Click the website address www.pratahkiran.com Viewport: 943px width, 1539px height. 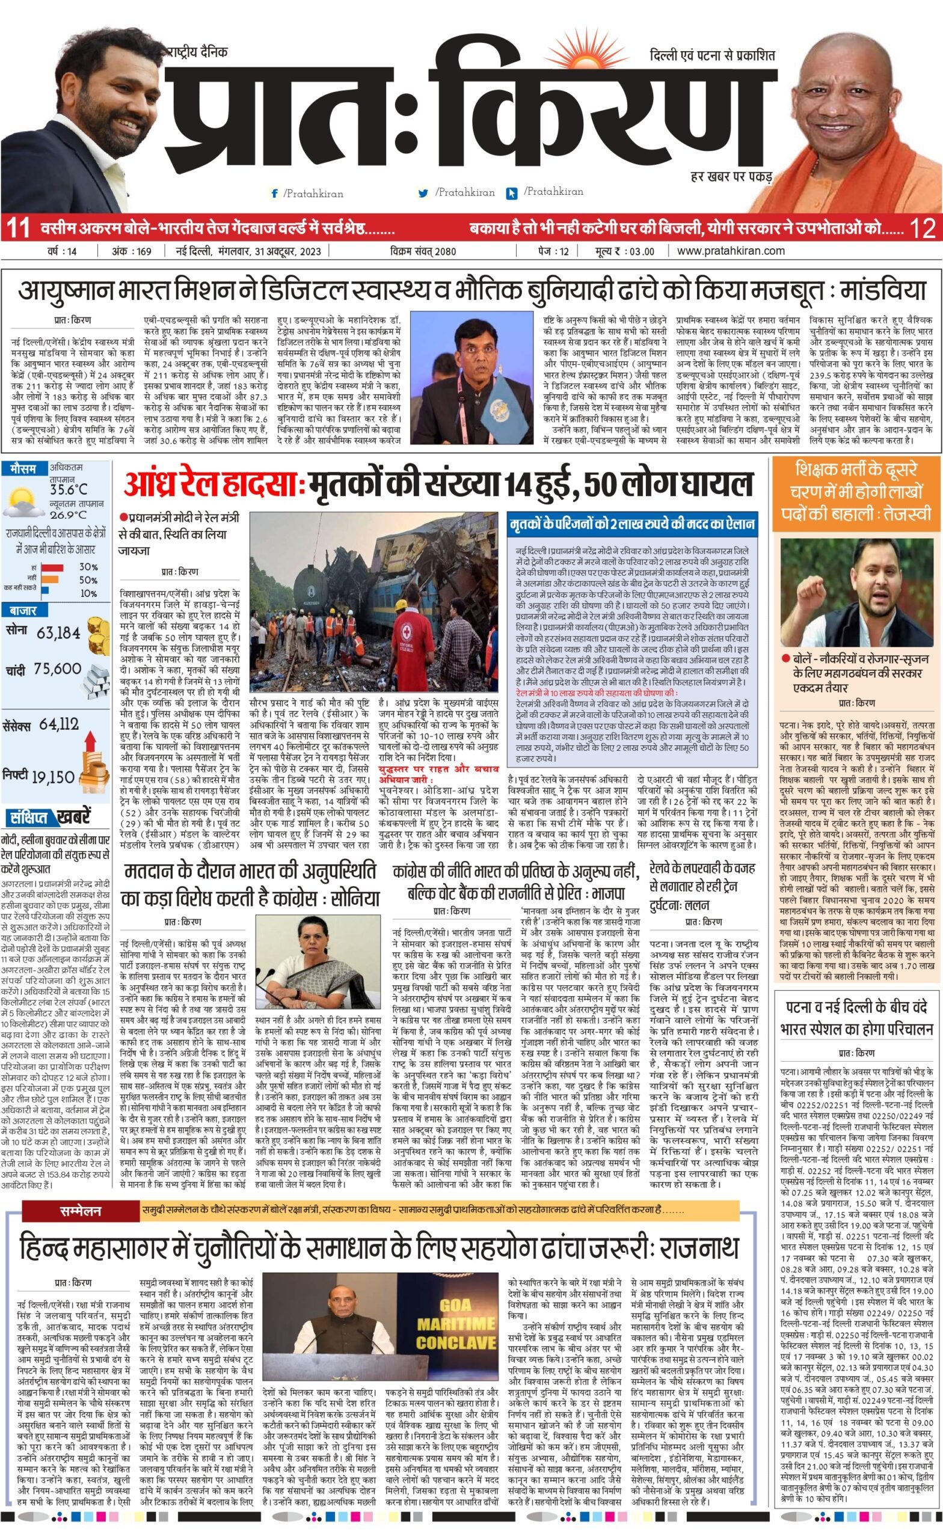(731, 251)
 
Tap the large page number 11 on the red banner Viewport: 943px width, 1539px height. (17, 228)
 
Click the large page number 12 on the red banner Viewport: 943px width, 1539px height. (923, 228)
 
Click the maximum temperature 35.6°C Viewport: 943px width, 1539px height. (69, 489)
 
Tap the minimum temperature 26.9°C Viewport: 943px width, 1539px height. (68, 515)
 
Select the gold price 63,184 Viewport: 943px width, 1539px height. (58, 632)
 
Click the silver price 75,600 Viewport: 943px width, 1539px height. (58, 669)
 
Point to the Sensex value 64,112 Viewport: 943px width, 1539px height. (59, 724)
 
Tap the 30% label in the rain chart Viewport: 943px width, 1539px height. (88, 567)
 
